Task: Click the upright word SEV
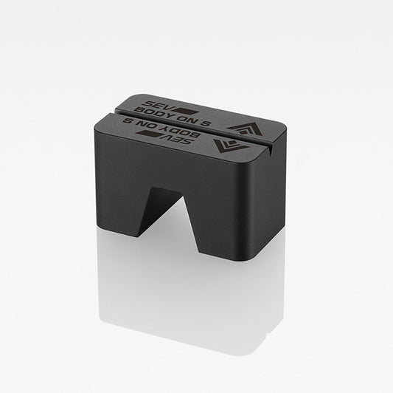pos(154,104)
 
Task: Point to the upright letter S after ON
pos(205,123)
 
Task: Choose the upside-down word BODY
pos(181,133)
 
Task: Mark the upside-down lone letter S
pos(128,121)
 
